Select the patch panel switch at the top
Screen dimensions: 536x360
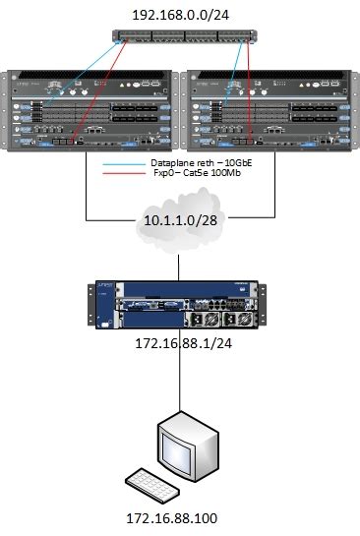(180, 39)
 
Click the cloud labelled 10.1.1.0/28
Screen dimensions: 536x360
(180, 229)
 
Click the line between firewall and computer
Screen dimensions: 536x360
(180, 379)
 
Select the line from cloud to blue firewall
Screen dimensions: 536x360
(180, 266)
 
